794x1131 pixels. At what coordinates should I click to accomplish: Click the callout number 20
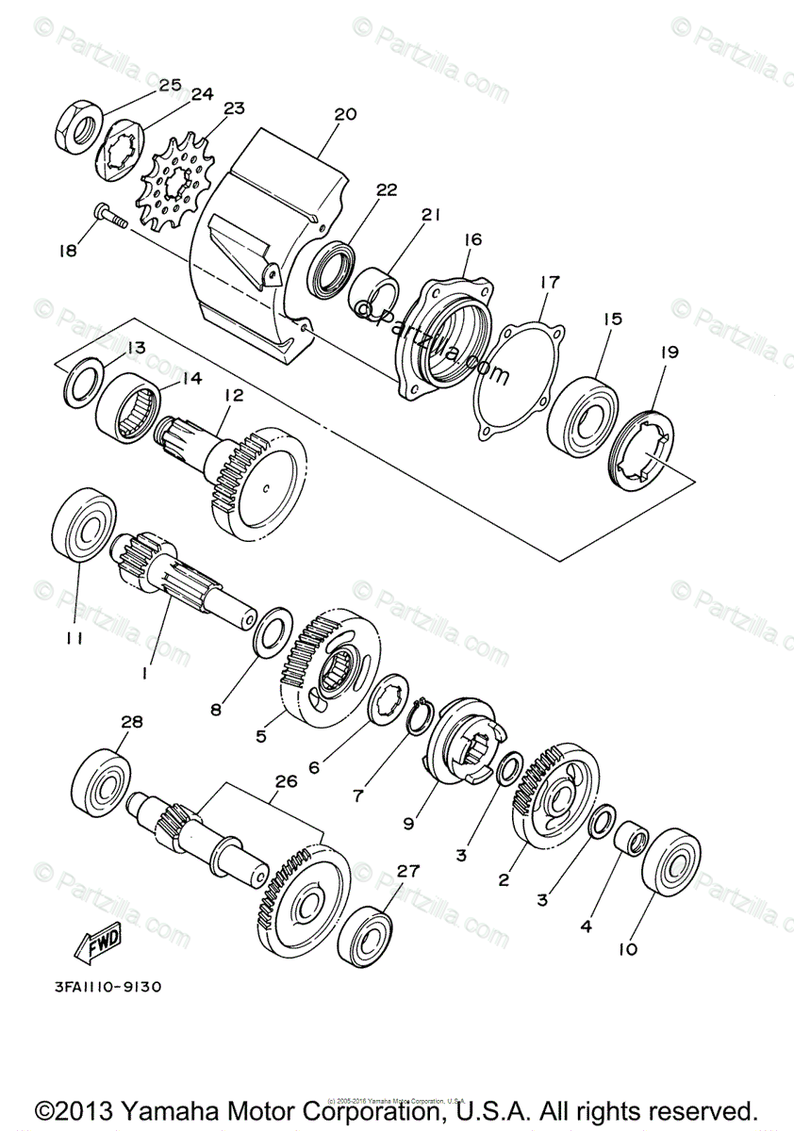click(x=345, y=115)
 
